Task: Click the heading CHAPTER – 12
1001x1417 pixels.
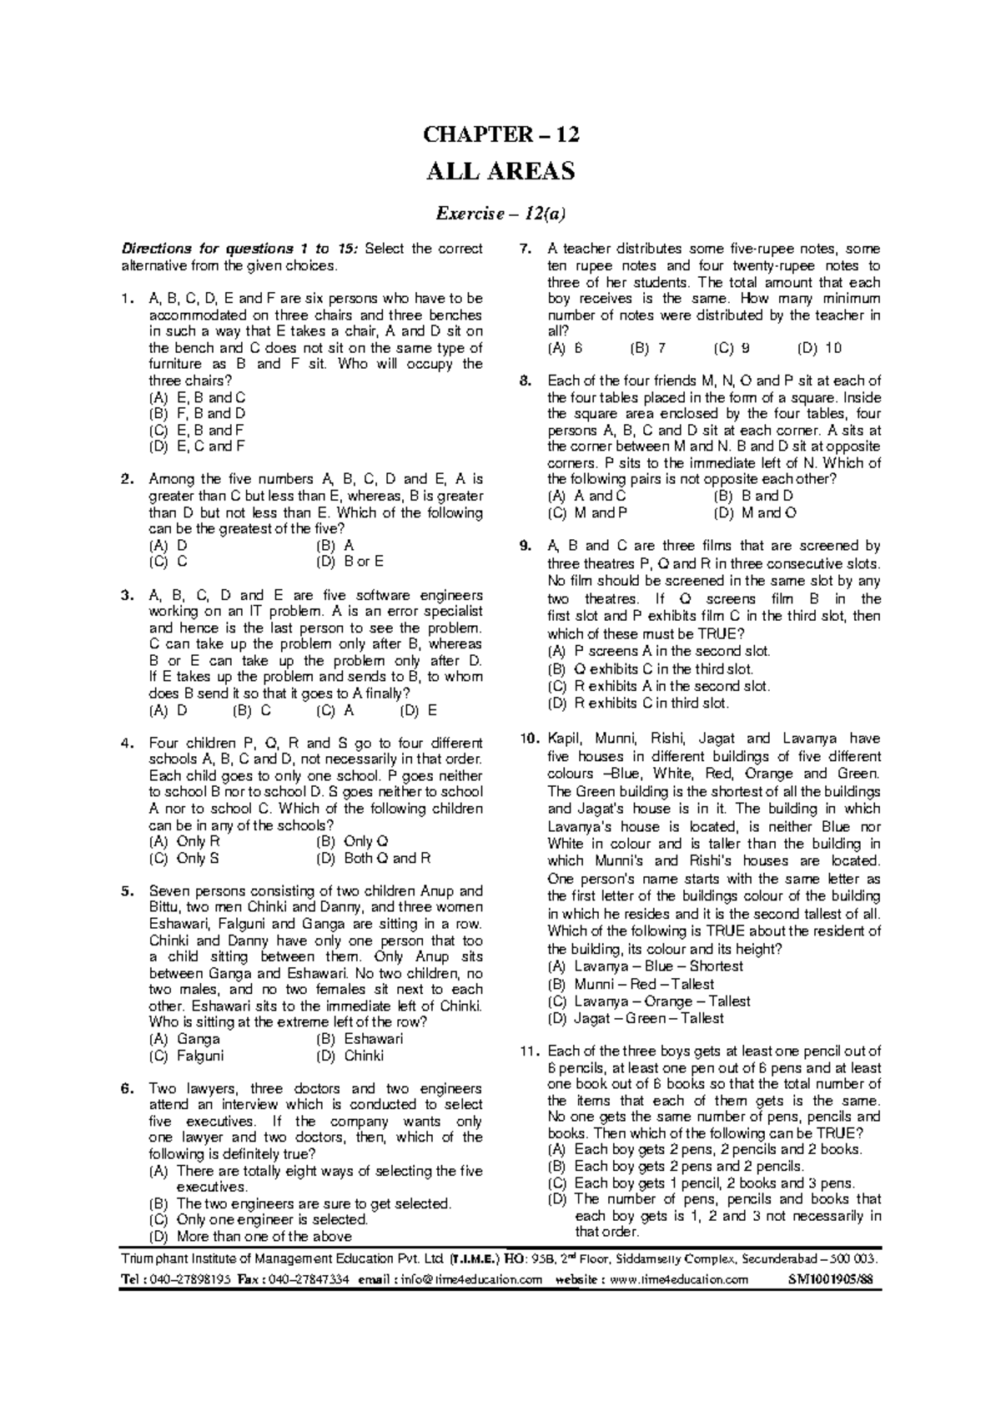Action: coord(500,135)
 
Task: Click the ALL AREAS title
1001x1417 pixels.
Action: coord(500,172)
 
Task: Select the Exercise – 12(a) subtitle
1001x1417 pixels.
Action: coord(501,214)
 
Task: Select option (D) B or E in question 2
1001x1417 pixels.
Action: coord(350,562)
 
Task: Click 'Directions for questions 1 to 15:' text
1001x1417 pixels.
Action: coord(241,249)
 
